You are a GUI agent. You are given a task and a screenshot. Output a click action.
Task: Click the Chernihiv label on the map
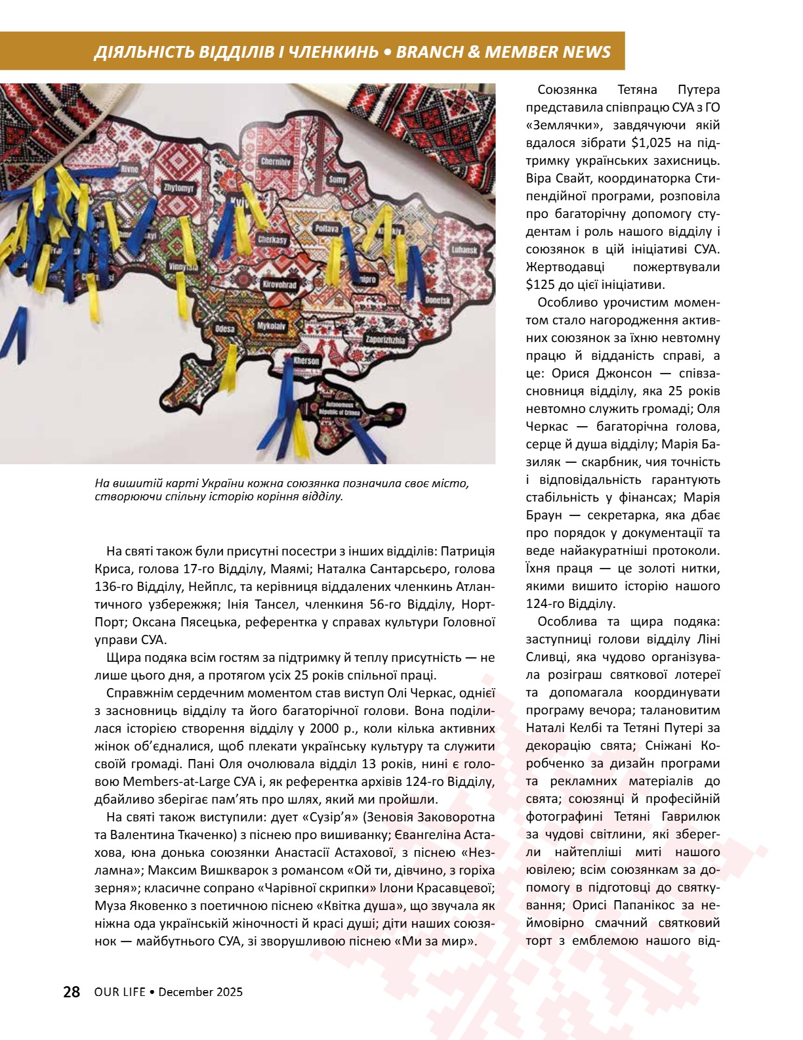[276, 162]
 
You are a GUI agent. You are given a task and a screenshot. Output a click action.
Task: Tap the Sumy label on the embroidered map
[338, 179]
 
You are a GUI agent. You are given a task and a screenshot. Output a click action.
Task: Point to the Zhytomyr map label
[179, 188]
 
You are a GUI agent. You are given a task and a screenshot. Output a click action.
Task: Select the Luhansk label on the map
[464, 250]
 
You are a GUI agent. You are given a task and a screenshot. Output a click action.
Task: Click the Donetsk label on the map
[437, 300]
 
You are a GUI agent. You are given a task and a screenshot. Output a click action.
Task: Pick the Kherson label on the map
[306, 361]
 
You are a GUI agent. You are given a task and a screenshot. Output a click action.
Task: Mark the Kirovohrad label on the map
[280, 285]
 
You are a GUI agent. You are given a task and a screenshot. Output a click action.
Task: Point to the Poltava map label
[326, 228]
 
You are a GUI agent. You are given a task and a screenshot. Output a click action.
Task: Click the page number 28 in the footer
[72, 992]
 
